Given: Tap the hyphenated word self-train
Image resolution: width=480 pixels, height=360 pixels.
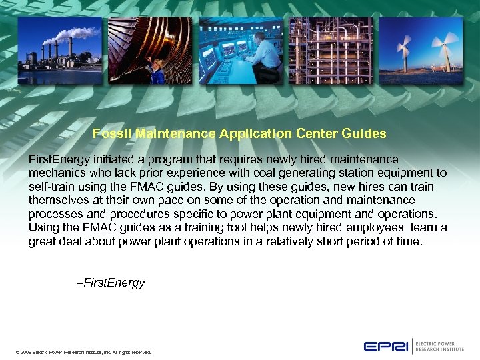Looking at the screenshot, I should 52,187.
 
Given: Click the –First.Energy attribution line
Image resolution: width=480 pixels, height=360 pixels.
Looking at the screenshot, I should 111,283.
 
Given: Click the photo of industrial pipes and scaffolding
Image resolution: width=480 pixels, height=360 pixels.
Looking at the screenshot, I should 331,50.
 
